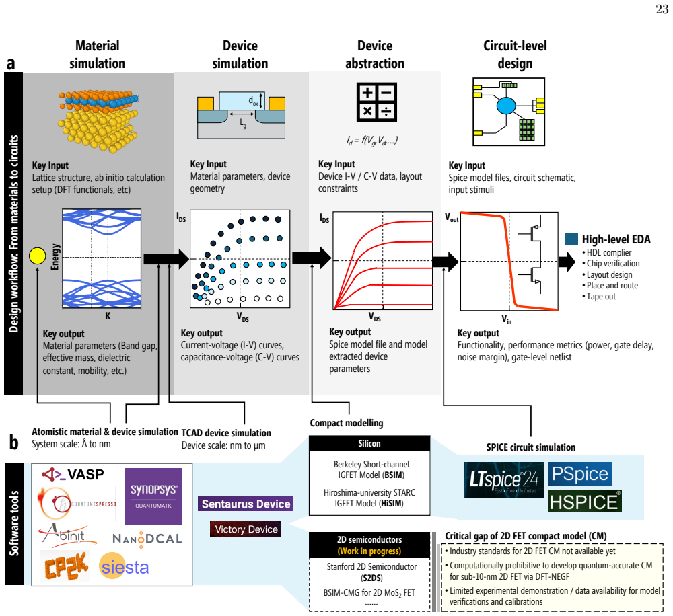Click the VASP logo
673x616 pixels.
coord(73,474)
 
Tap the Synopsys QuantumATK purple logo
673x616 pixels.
coord(153,496)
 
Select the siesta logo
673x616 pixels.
coord(124,567)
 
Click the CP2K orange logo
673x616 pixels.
coord(66,566)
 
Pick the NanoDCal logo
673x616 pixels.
coord(147,539)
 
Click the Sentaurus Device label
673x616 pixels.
coord(246,504)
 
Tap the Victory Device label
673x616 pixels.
coord(246,529)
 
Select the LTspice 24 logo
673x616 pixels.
coord(504,480)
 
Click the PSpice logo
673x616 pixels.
coord(580,474)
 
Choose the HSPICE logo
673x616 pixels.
coord(585,501)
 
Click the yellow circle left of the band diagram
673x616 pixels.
coord(37,256)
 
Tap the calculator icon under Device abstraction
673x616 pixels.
coord(376,102)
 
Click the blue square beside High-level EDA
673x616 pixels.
coord(571,239)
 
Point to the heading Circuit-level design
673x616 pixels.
coord(515,54)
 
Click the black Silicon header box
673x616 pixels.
coord(369,444)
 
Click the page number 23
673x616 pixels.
coord(662,9)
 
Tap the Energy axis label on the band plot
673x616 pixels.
coord(55,257)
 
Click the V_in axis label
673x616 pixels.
coord(507,319)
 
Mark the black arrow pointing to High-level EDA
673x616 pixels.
coord(567,261)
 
